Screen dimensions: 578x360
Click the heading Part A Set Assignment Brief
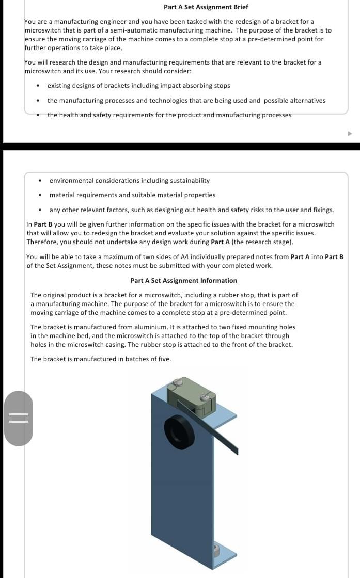pos(206,7)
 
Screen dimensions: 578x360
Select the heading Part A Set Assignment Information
pos(184,281)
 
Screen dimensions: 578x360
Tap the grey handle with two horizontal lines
pos(19,418)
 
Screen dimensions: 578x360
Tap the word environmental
pos(72,181)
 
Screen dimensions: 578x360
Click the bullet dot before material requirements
pos(40,196)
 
